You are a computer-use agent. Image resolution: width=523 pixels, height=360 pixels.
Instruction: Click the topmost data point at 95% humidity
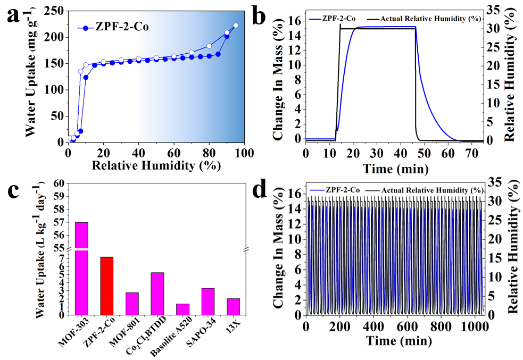tap(236, 25)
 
